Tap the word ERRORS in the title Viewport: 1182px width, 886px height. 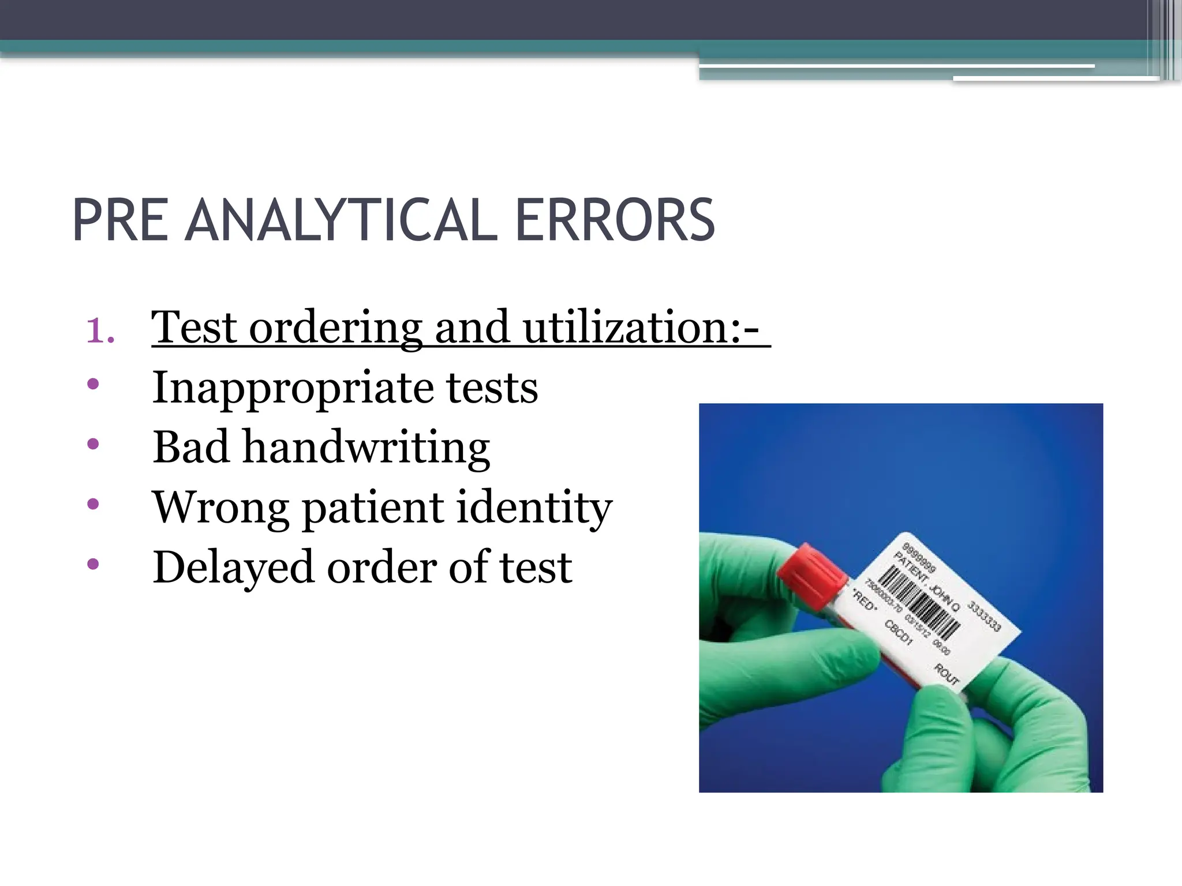pyautogui.click(x=615, y=220)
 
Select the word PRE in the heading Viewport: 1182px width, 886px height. pyautogui.click(x=120, y=220)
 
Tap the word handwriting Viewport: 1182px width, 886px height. pyautogui.click(x=366, y=448)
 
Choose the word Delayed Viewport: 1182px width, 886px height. pyautogui.click(x=234, y=568)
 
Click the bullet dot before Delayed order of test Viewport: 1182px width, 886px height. pyautogui.click(x=93, y=564)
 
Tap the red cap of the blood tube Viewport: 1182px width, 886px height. pyautogui.click(x=811, y=570)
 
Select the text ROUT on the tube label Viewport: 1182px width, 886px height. pyautogui.click(x=947, y=674)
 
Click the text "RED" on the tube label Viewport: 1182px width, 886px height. pyautogui.click(x=864, y=600)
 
